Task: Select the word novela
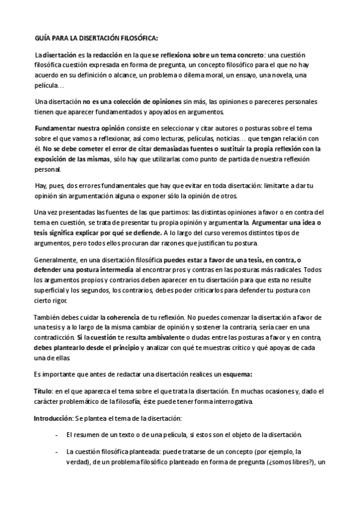[x=274, y=74]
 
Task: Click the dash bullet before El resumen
[x=56, y=435]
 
